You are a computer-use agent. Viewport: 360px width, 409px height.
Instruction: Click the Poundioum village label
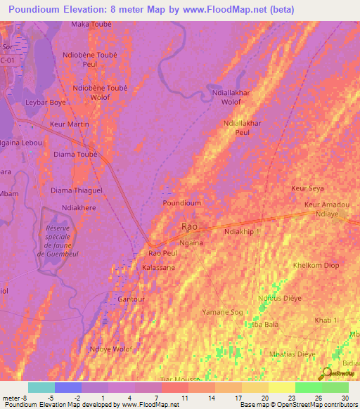pos(182,203)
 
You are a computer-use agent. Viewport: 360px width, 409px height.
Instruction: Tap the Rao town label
pos(189,226)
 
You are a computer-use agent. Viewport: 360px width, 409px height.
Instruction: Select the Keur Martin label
pos(70,124)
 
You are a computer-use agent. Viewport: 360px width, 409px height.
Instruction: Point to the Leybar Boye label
pos(46,102)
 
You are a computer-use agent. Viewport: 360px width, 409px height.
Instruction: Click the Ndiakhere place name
pos(79,207)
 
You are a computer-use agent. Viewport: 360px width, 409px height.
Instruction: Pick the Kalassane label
pos(158,268)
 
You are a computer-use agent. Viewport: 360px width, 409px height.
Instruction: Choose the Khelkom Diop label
pos(316,266)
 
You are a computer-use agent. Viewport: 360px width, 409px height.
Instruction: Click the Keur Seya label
pos(307,188)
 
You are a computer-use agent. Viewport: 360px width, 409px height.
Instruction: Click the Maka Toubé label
pos(91,24)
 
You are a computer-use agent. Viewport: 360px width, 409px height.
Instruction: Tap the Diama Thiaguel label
pos(77,190)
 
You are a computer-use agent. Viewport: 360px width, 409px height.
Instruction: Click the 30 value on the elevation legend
pos(345,397)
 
